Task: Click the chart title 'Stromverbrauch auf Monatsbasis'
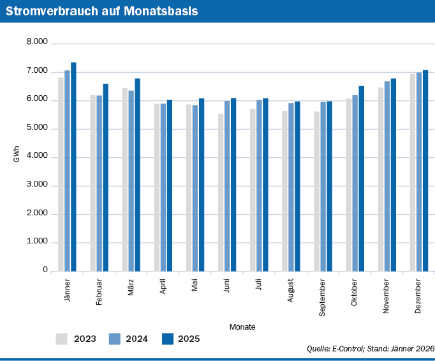coord(102,12)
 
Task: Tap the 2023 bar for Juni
coord(221,192)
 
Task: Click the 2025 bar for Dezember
coord(425,171)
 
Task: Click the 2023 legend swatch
coord(62,339)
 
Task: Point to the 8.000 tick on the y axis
coord(37,42)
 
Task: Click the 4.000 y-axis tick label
coord(37,157)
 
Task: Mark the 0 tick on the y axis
coord(45,270)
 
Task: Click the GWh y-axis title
coord(17,157)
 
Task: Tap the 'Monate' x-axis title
coord(242,326)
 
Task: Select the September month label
coord(323,297)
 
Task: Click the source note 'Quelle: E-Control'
coord(371,349)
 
